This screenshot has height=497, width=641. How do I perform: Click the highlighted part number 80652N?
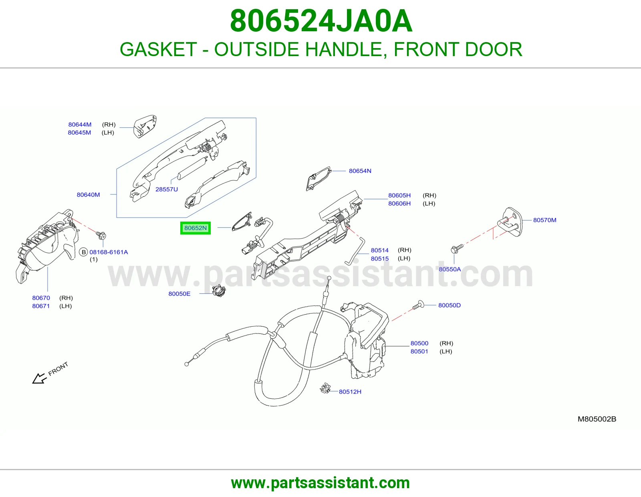click(x=195, y=228)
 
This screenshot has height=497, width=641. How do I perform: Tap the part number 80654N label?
click(x=360, y=171)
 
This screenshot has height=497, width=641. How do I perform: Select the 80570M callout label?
click(x=544, y=220)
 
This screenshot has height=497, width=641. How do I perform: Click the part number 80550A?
click(x=450, y=269)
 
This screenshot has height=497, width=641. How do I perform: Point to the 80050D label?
click(x=449, y=305)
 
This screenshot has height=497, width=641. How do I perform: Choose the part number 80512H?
click(x=350, y=392)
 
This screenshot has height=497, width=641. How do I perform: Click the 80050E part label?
click(x=179, y=294)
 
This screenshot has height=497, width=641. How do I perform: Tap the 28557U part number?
click(x=167, y=189)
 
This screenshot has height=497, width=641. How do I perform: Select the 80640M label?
click(x=88, y=194)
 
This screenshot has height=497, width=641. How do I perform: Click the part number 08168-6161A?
click(x=109, y=252)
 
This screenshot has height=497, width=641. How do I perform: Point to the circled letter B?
click(x=84, y=252)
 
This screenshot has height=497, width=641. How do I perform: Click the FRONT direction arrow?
click(x=40, y=379)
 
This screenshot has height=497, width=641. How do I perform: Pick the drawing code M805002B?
click(x=597, y=419)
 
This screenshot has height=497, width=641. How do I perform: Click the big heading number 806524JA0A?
click(x=321, y=21)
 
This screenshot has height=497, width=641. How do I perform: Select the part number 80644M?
click(x=80, y=125)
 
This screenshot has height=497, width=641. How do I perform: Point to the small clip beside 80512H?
click(x=325, y=388)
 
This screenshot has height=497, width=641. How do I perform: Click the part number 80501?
click(x=419, y=351)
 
